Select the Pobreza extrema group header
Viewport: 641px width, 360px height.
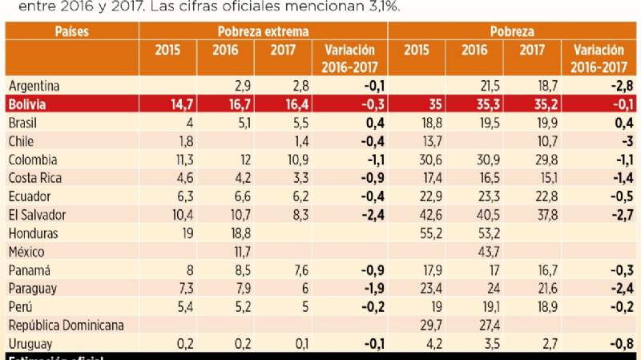tap(263, 32)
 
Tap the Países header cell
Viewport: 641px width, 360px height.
tap(71, 32)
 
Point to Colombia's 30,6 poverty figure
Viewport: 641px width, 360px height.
tap(421, 160)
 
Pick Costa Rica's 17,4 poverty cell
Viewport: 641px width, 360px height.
tap(421, 178)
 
